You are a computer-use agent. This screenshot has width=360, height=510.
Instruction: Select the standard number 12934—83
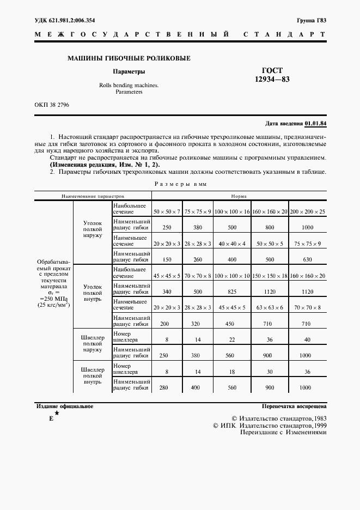click(272, 80)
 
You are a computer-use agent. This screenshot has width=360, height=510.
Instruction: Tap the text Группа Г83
click(312, 21)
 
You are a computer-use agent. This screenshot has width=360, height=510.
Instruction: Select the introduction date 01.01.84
click(316, 123)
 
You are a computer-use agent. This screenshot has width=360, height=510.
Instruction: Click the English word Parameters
click(129, 92)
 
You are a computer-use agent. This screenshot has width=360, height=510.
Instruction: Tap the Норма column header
click(239, 194)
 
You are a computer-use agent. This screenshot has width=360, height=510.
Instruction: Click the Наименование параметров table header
click(93, 194)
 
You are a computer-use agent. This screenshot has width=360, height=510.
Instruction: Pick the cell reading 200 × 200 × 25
click(307, 210)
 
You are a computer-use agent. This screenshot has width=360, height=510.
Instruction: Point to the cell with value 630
click(307, 259)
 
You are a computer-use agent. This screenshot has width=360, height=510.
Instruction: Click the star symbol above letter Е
click(57, 413)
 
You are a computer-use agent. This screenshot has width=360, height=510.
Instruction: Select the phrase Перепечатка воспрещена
click(294, 406)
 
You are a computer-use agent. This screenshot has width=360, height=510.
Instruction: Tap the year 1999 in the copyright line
click(316, 425)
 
